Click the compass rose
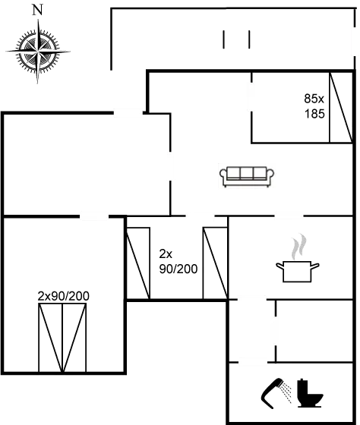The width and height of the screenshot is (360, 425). (37, 51)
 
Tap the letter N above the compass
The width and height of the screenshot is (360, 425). (37, 10)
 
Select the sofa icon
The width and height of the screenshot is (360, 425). (247, 176)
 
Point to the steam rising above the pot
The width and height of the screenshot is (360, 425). (300, 246)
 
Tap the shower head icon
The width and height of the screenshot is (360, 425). (278, 392)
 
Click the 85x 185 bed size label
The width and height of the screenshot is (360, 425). (314, 106)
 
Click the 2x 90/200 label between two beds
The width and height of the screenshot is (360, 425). (169, 261)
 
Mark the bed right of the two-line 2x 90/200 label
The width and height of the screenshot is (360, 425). (215, 262)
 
